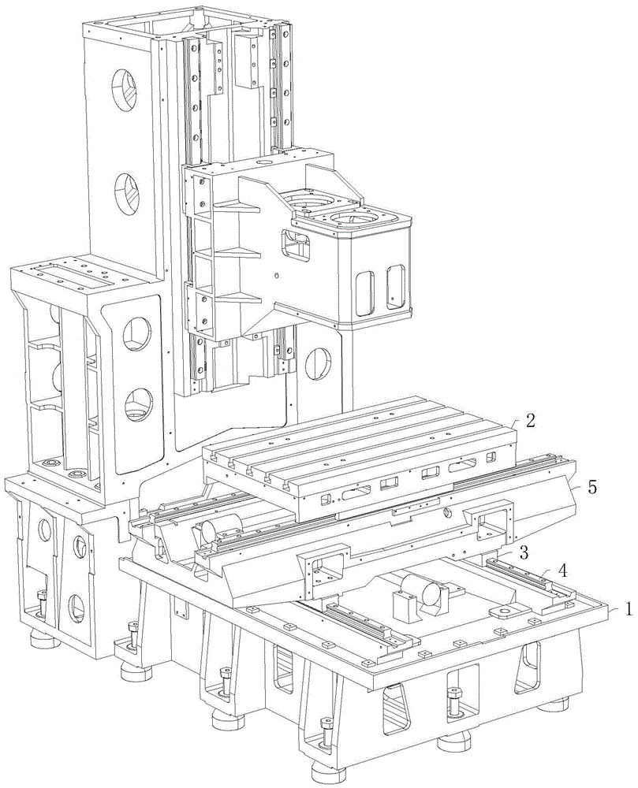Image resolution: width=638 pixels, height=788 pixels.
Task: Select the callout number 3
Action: (x=524, y=553)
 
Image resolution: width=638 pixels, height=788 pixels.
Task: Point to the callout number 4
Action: (x=564, y=571)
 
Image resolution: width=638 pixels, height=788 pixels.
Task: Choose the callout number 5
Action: (x=592, y=487)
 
